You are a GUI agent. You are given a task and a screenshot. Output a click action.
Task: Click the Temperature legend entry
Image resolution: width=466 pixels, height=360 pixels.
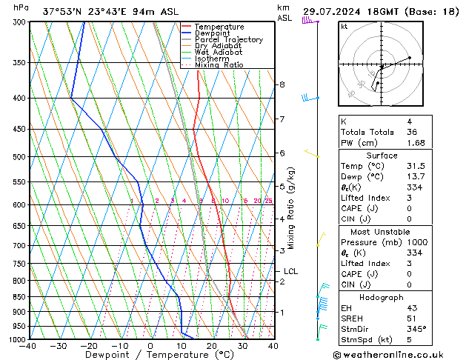click(x=219, y=27)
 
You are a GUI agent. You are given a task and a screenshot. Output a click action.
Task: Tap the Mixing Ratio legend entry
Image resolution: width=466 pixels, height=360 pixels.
click(x=219, y=65)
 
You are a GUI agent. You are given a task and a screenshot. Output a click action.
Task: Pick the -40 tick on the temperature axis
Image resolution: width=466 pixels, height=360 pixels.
click(x=28, y=346)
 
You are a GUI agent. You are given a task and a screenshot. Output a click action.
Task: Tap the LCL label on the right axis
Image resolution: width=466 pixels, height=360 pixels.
click(x=290, y=272)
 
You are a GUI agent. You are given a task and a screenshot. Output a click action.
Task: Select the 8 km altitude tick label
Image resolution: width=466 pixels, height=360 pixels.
click(x=282, y=84)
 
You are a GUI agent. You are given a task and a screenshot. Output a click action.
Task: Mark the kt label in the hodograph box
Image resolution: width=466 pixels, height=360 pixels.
click(x=344, y=27)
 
